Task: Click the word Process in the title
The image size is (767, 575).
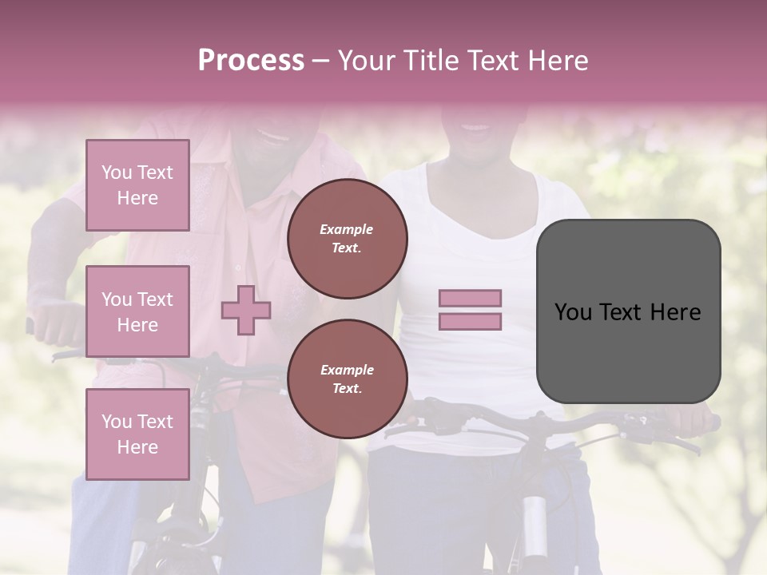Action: [251, 61]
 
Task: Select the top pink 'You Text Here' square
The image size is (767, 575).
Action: [137, 185]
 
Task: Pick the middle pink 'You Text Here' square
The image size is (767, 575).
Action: [137, 311]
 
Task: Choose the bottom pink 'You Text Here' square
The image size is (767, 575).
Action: [137, 434]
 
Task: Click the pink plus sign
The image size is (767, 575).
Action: [246, 310]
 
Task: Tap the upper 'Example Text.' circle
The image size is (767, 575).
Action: [347, 239]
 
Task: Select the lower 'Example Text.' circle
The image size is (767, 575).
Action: [347, 379]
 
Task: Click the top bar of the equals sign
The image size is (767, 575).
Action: [470, 299]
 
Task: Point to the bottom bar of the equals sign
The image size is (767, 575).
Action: [470, 322]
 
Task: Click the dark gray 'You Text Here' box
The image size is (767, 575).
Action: [628, 311]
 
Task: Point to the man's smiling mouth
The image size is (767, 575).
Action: [274, 136]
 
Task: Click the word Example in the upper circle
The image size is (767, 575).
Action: [347, 229]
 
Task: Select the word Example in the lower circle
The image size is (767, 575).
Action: [347, 370]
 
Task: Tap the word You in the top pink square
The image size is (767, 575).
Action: [117, 172]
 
